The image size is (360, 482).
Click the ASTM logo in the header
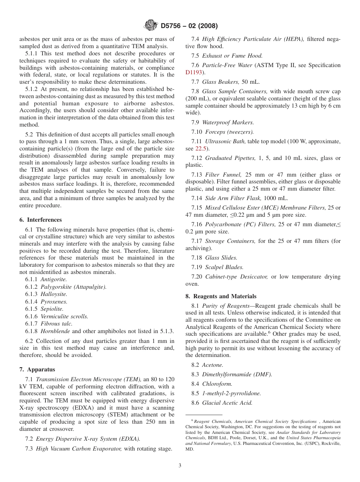tap(151, 26)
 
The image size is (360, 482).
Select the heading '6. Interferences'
tap(41, 220)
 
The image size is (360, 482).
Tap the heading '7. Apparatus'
tap(37, 369)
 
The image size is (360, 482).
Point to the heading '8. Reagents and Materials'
tap(221, 296)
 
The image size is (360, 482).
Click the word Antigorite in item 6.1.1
tap(53, 279)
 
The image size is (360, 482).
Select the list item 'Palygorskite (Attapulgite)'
tap(74, 287)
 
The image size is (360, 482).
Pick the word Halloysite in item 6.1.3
tap(54, 294)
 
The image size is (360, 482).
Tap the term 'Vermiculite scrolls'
tap(64, 316)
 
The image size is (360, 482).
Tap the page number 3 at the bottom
tap(180, 466)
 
